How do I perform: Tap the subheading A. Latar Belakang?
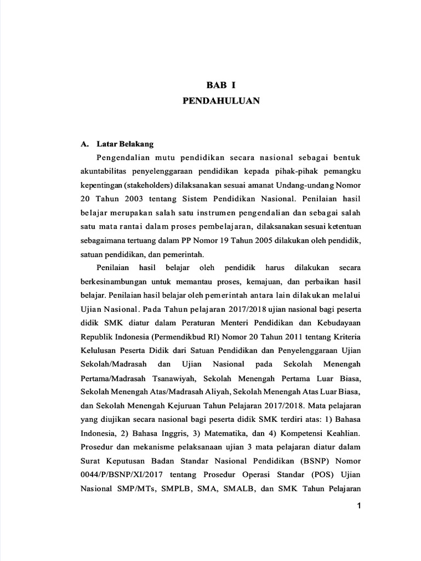click(x=117, y=144)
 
